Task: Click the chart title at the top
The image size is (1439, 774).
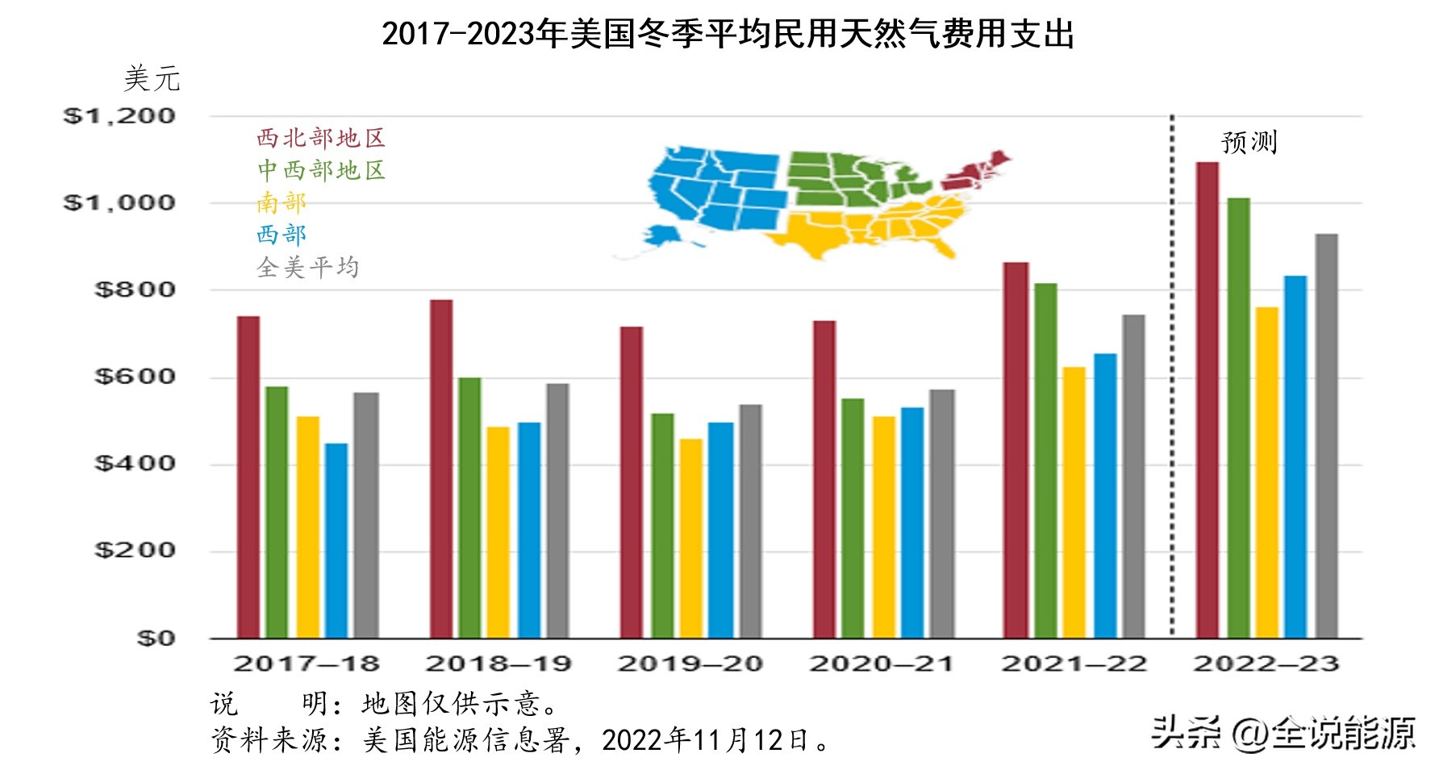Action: [x=728, y=35]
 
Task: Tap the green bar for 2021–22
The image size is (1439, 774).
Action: [x=1045, y=460]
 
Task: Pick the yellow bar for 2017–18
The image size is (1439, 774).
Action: [x=308, y=527]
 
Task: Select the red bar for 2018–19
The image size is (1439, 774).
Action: [x=441, y=468]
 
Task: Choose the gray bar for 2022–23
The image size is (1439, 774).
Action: [x=1326, y=435]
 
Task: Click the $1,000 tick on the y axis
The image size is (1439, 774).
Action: [x=119, y=202]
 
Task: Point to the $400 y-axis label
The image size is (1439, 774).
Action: [x=135, y=464]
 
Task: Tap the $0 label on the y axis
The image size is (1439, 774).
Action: [x=156, y=639]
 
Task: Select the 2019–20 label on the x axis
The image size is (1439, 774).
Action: [x=690, y=664]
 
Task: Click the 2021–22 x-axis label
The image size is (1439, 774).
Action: [x=1074, y=664]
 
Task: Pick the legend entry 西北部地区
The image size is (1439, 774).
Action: [x=321, y=139]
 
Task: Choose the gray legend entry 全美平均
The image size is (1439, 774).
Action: [x=307, y=267]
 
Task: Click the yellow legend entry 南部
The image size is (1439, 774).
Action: [x=282, y=202]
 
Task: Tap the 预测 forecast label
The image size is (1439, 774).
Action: [x=1249, y=143]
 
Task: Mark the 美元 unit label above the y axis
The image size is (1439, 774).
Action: [x=152, y=79]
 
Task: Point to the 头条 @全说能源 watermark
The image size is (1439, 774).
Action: [x=1283, y=732]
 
